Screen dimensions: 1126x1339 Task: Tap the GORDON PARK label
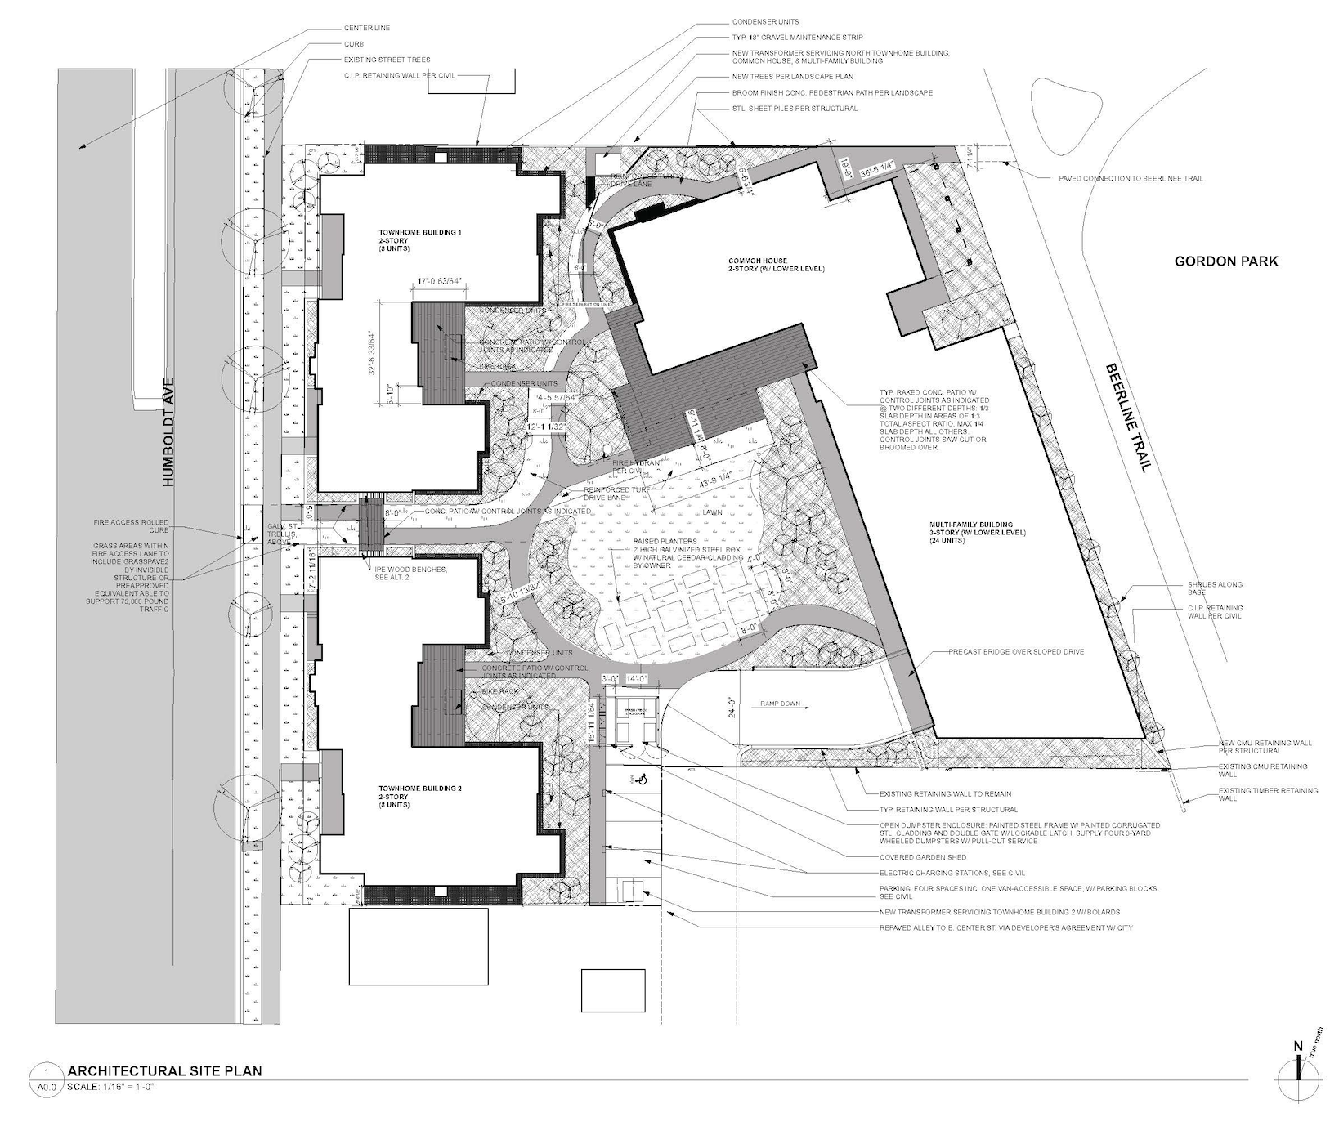pyautogui.click(x=1225, y=261)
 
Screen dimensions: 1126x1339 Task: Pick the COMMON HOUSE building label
pyautogui.click(x=776, y=265)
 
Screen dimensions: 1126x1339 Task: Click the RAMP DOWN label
pyautogui.click(x=781, y=703)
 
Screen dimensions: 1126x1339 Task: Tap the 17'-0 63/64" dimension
pyautogui.click(x=440, y=282)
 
